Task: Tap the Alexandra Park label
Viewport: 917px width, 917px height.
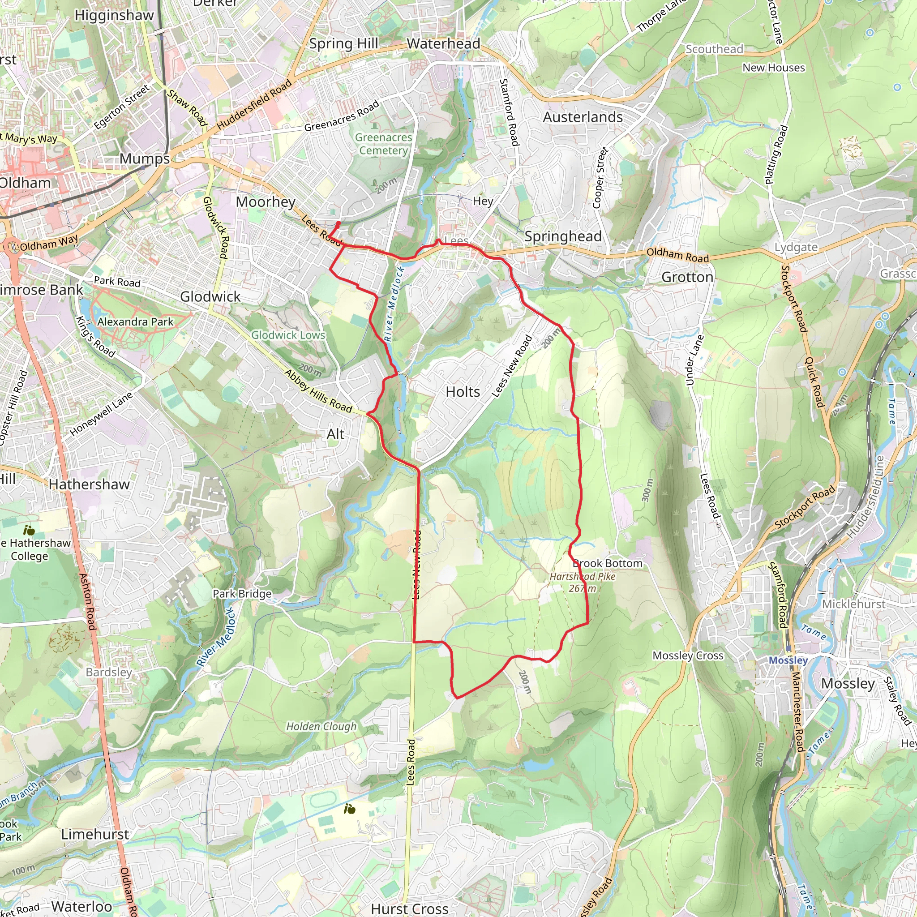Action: (x=135, y=322)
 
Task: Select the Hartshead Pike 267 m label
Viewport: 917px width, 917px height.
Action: (x=583, y=583)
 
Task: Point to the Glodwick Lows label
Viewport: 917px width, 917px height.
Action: (x=288, y=335)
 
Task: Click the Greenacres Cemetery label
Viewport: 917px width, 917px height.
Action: (x=384, y=144)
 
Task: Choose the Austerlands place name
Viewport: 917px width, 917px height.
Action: (x=583, y=117)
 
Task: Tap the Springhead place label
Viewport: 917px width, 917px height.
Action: (x=563, y=236)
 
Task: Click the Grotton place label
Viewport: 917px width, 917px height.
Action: (x=687, y=277)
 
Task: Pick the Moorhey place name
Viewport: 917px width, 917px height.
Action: (x=266, y=202)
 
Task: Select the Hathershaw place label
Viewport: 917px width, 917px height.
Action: (x=89, y=484)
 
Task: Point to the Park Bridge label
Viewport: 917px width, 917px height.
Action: (x=242, y=594)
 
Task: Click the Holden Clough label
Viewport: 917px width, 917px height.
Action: (x=321, y=727)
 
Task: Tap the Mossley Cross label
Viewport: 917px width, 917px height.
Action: (x=688, y=656)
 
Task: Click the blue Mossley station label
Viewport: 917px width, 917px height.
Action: (x=788, y=661)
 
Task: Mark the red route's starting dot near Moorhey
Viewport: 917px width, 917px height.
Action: (x=339, y=223)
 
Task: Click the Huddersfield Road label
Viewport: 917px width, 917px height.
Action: (x=254, y=105)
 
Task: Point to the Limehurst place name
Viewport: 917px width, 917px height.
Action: (x=95, y=835)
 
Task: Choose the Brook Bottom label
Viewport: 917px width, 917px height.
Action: (x=608, y=563)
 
